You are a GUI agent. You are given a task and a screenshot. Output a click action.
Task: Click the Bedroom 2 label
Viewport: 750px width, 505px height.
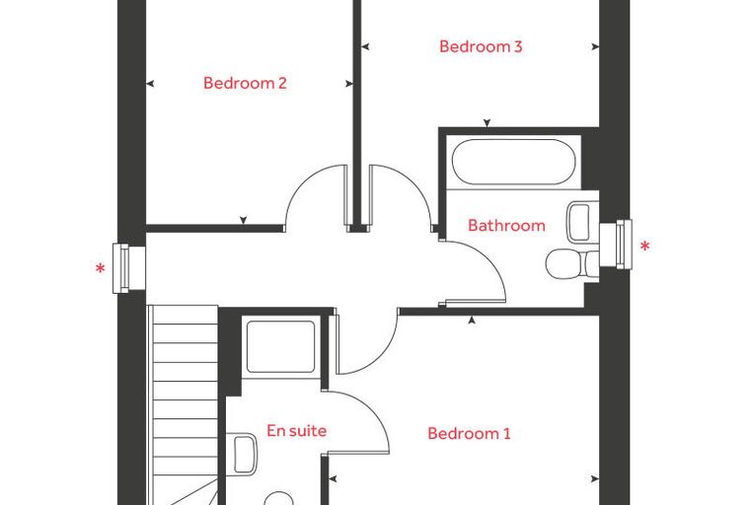[x=245, y=83]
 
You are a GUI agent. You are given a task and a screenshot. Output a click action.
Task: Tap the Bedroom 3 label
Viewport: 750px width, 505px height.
[x=481, y=47]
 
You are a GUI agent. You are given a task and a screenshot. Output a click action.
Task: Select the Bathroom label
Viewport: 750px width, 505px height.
[x=506, y=225]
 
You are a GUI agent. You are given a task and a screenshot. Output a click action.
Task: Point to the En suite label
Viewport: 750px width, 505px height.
[x=297, y=430]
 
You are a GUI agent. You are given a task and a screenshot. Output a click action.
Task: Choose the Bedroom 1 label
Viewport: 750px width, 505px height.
[x=469, y=434]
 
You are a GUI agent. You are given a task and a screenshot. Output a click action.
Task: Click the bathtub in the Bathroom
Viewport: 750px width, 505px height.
[x=514, y=162]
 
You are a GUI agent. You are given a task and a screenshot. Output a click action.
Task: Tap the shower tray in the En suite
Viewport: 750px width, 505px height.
[x=281, y=347]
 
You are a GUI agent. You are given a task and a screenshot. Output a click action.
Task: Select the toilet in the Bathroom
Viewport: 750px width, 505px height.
[x=572, y=264]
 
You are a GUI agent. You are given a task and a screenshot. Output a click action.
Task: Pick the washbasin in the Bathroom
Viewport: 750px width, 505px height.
[x=582, y=222]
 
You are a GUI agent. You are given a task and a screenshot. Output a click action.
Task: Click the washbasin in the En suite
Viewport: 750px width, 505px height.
[x=242, y=454]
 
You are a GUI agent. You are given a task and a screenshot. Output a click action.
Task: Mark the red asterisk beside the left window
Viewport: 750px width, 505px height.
[x=101, y=268]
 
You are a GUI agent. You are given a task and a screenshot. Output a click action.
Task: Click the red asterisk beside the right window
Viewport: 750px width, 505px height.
[x=645, y=247]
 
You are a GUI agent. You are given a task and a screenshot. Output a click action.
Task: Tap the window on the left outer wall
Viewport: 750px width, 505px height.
[x=128, y=268]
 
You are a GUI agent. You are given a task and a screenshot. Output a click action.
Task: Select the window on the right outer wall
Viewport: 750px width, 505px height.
[x=616, y=245]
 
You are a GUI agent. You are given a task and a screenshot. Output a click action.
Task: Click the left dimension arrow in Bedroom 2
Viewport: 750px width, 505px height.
[x=150, y=84]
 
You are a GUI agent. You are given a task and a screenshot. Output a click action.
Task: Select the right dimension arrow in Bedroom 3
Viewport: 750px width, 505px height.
[x=595, y=47]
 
